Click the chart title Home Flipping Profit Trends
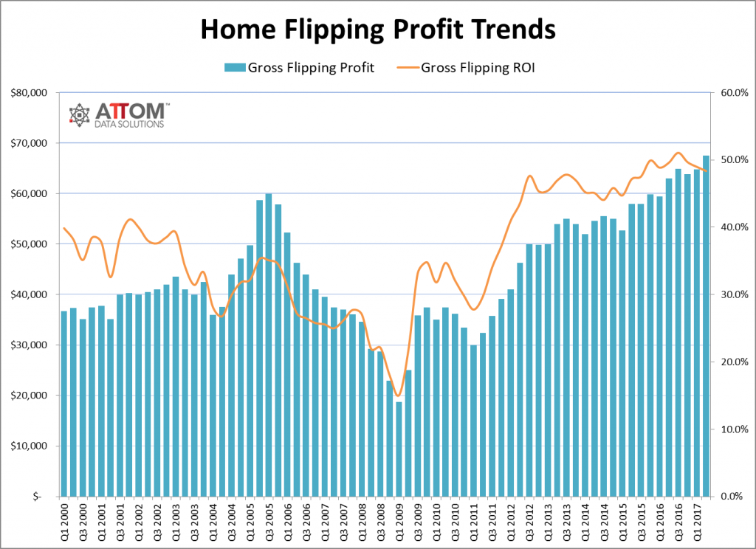[x=377, y=29]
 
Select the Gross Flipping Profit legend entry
[x=300, y=68]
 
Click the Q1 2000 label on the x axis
[x=64, y=521]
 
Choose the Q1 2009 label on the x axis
[x=399, y=521]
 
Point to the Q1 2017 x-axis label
[x=697, y=521]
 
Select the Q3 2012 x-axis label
[x=530, y=521]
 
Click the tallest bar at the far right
[x=706, y=325]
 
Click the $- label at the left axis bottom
[x=37, y=497]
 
